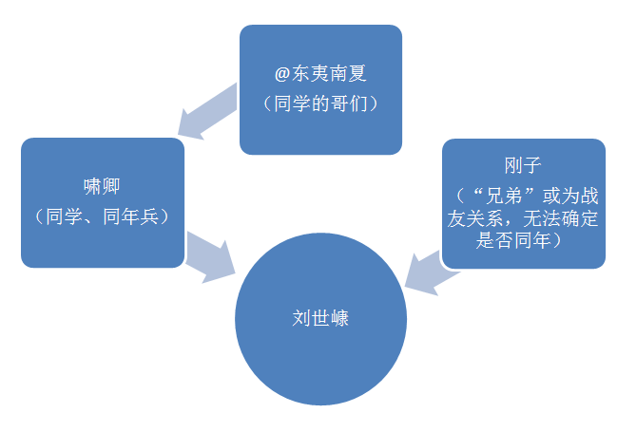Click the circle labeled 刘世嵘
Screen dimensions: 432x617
coord(320,351)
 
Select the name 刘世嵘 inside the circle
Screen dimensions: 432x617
coord(320,318)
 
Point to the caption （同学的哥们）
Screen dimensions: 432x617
coord(320,102)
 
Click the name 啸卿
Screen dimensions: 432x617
coord(102,185)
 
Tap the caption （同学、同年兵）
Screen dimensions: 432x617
coord(102,216)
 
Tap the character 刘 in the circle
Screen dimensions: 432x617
coord(301,318)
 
